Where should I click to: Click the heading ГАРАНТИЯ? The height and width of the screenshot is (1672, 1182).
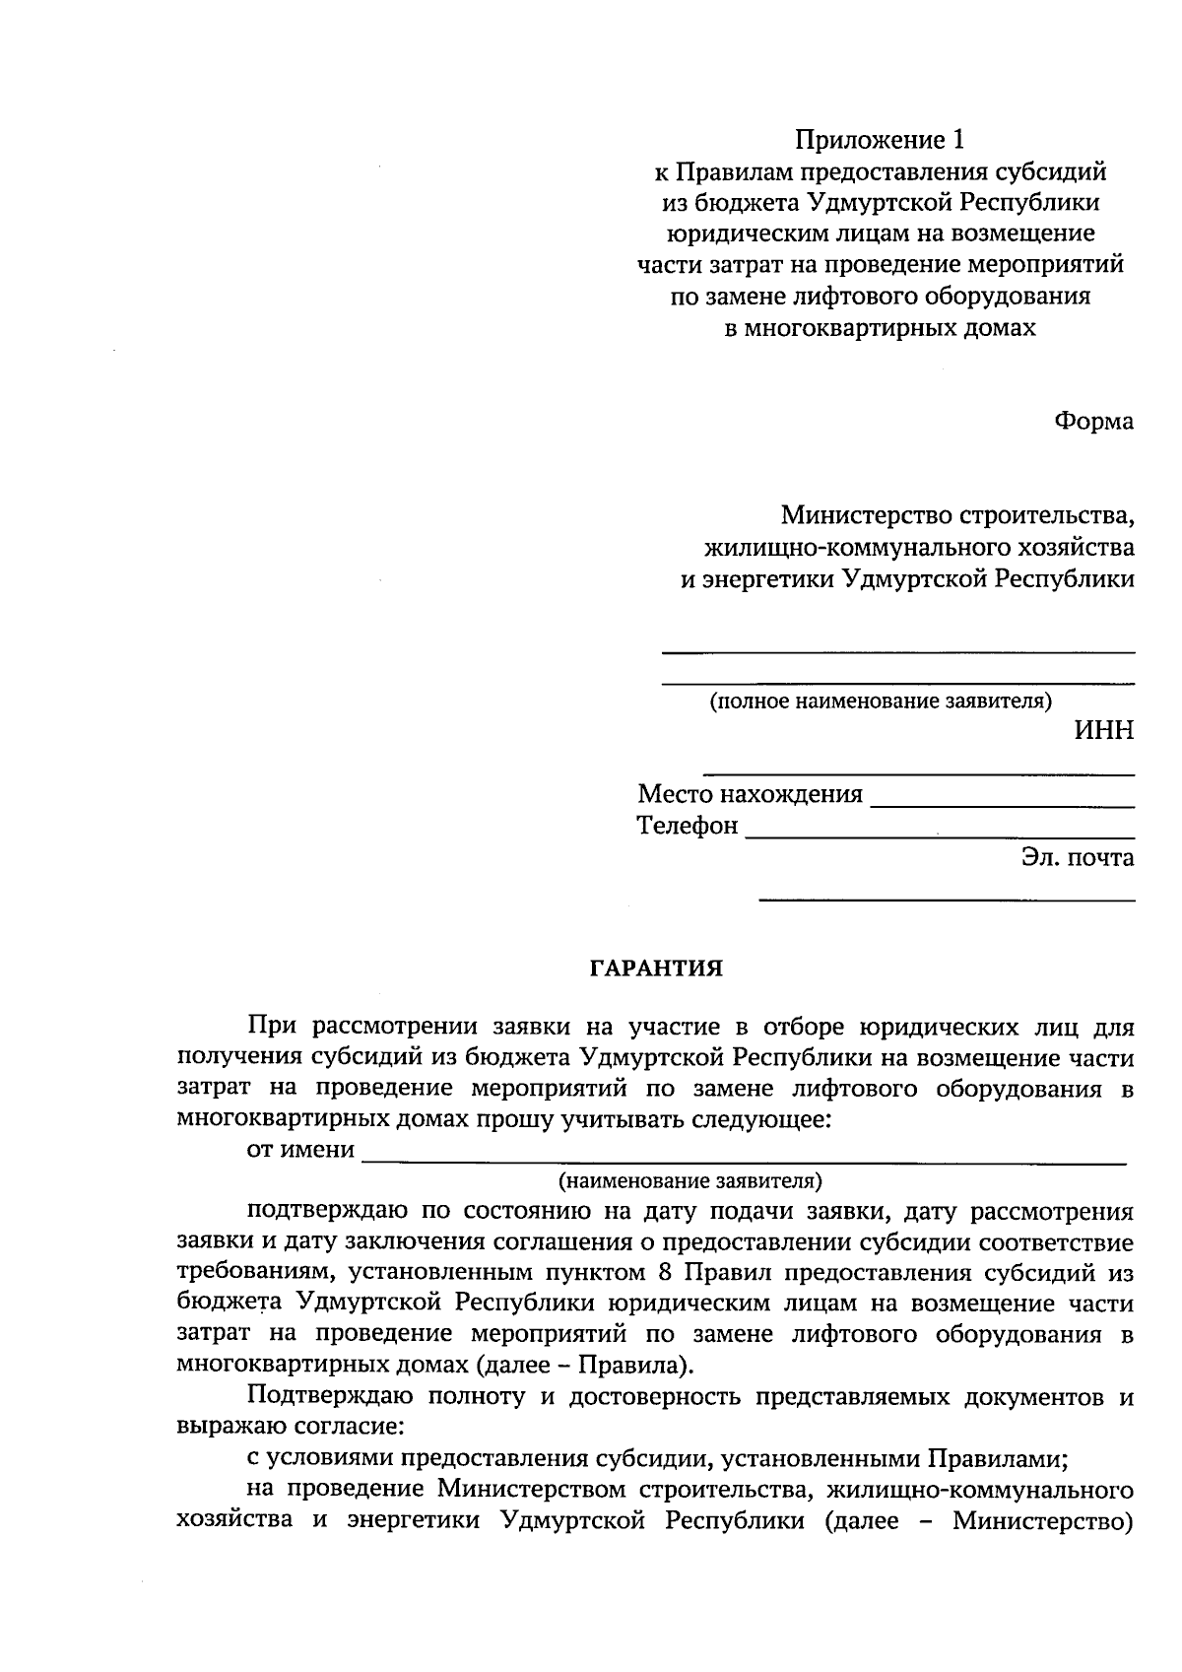(656, 969)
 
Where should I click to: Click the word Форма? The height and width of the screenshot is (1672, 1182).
(1093, 422)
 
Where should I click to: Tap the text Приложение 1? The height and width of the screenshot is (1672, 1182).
(878, 140)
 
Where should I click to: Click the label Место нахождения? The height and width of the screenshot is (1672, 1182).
(750, 794)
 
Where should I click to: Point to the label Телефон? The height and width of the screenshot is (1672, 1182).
(688, 826)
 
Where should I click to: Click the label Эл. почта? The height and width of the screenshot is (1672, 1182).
(1077, 857)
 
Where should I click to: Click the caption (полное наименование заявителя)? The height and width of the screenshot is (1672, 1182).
(881, 702)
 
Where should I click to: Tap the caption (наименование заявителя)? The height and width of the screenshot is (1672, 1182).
(689, 1179)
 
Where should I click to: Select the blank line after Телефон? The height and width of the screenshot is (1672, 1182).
(940, 836)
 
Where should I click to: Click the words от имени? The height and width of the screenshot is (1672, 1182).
(300, 1149)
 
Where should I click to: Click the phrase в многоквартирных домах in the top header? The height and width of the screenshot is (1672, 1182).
(880, 328)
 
